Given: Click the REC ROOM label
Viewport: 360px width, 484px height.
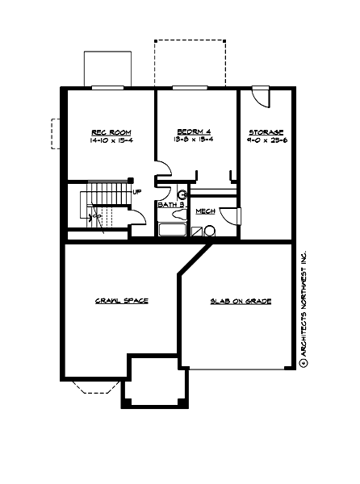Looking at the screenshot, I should tap(110, 132).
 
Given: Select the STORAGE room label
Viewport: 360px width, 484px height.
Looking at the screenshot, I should tap(266, 132).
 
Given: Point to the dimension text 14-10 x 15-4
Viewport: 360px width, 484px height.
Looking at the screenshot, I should tap(110, 140).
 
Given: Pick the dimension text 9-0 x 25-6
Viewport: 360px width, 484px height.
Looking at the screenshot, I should tap(266, 140).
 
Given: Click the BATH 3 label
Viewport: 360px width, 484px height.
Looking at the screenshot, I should tap(171, 205).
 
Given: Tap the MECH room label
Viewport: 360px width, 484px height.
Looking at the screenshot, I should tap(204, 211).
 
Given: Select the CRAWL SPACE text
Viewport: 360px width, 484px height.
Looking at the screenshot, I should tap(121, 301).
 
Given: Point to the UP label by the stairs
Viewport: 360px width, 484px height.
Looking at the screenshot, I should tap(137, 192).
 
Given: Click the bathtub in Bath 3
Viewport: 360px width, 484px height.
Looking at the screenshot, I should tap(172, 230).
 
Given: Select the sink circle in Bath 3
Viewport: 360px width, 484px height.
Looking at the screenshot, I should tap(182, 195).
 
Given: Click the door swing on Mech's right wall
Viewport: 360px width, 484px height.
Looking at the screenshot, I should tap(231, 215).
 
